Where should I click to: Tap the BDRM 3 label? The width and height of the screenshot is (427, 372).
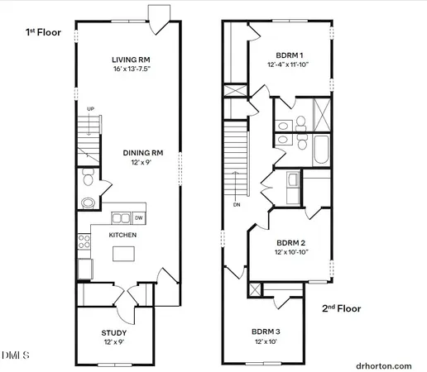267,332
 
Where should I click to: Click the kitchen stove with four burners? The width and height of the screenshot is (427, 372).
84,241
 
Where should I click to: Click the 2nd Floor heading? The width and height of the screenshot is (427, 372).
342,308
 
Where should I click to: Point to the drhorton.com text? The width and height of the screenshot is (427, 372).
384,365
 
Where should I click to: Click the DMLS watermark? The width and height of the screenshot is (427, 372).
15,355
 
